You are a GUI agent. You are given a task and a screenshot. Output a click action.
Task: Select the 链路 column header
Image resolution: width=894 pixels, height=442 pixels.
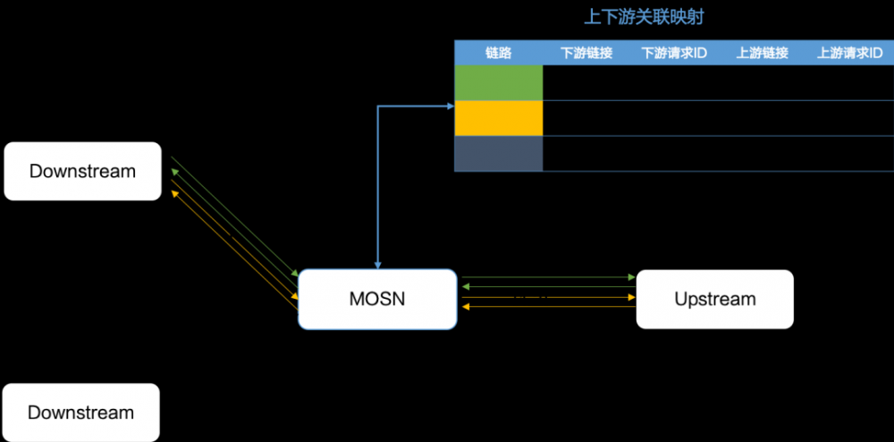(498, 53)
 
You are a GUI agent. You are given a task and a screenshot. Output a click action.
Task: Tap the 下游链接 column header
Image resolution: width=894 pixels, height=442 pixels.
(586, 53)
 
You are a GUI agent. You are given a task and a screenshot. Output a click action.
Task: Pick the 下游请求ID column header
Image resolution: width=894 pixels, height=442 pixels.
(674, 53)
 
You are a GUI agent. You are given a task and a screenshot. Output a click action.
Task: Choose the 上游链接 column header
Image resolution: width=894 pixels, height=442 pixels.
(762, 53)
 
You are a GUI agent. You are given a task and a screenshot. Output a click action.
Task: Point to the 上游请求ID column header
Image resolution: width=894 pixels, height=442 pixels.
(849, 53)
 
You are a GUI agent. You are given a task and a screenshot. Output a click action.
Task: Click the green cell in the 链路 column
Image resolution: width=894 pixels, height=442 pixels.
(498, 82)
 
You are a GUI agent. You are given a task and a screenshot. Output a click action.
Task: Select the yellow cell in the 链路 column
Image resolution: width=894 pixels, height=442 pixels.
(498, 117)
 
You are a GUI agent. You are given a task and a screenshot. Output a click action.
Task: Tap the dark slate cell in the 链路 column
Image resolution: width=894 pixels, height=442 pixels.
(498, 153)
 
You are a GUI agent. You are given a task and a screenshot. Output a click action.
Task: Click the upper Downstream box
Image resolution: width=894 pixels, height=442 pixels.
(82, 171)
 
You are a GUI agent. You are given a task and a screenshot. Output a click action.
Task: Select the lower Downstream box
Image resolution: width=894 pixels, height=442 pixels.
(81, 412)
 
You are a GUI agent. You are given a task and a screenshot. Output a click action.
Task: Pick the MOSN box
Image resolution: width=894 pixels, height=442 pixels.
(376, 299)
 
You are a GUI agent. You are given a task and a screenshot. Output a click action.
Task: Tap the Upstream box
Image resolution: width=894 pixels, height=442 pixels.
(714, 299)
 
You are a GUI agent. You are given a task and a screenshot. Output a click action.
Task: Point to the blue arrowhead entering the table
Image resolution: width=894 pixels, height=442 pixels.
(451, 106)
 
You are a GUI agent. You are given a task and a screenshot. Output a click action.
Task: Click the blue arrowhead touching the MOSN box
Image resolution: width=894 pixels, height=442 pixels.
(379, 266)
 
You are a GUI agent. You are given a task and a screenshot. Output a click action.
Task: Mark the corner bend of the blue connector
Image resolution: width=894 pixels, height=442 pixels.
(379, 106)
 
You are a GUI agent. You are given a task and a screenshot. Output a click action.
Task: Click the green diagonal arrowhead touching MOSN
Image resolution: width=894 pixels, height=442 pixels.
(295, 274)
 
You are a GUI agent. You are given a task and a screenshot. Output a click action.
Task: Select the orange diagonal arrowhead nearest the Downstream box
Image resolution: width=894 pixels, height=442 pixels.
(173, 191)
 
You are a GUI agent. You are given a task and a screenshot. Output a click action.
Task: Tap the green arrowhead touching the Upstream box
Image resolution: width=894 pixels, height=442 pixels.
(633, 277)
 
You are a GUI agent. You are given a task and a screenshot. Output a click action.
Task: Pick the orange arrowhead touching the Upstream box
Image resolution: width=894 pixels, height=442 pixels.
(633, 297)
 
